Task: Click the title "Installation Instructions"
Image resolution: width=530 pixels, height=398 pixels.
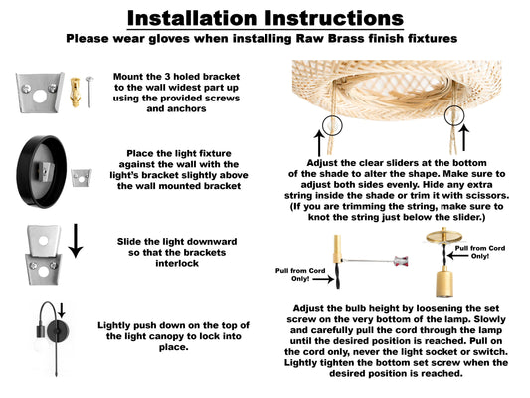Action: point(265,18)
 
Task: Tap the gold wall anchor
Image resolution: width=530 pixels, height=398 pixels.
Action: point(75,92)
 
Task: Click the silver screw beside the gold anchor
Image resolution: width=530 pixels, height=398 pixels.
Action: point(89,92)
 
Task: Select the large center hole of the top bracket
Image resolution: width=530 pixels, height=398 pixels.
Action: point(40,98)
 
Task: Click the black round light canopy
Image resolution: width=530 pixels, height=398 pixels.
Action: point(42,172)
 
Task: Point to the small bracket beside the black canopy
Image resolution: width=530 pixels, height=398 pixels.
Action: point(82,177)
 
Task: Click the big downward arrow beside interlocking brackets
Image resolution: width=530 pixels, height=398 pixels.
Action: point(76,241)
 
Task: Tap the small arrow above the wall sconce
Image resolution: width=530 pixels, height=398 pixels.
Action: point(62,310)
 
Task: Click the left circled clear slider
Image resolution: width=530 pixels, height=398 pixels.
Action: point(332,125)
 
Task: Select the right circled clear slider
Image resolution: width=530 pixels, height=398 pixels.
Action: point(454,115)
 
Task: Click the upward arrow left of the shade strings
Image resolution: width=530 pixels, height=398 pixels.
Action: point(319,143)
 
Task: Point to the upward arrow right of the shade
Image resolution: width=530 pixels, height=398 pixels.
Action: point(464,137)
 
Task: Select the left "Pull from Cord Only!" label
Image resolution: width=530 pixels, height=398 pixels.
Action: point(300,275)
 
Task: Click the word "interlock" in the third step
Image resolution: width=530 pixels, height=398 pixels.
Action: point(177,263)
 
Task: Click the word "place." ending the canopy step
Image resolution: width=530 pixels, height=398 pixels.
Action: point(173,347)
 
